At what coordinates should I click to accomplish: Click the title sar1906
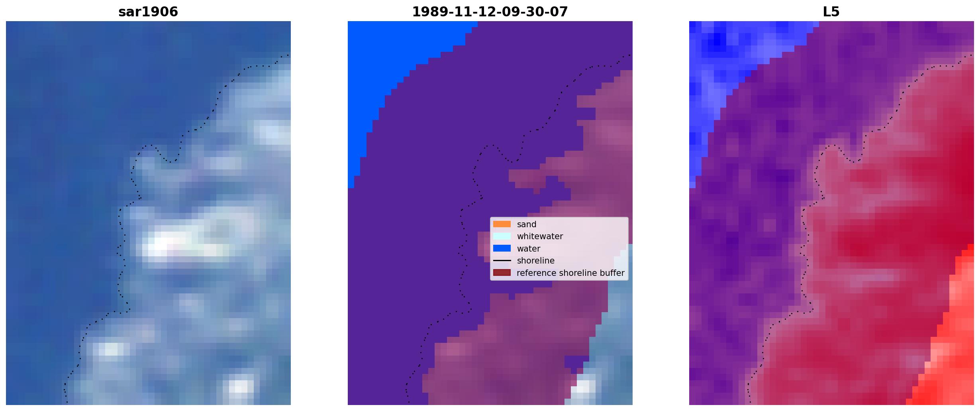click(x=148, y=12)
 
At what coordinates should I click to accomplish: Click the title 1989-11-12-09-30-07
click(x=490, y=12)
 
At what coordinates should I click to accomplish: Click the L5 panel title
click(x=831, y=12)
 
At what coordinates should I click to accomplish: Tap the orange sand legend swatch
click(x=502, y=224)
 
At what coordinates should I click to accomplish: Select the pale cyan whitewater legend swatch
click(x=502, y=236)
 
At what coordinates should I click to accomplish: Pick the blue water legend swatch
click(x=502, y=248)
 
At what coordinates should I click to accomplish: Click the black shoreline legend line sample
click(x=502, y=260)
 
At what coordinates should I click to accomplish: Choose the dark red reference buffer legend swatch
click(x=502, y=273)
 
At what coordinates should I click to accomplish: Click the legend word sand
click(x=527, y=224)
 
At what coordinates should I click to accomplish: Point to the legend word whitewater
click(x=540, y=236)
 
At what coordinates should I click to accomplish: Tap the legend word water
click(x=529, y=249)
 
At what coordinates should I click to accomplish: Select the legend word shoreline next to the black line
click(x=536, y=261)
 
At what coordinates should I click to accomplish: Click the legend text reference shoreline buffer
click(x=570, y=273)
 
